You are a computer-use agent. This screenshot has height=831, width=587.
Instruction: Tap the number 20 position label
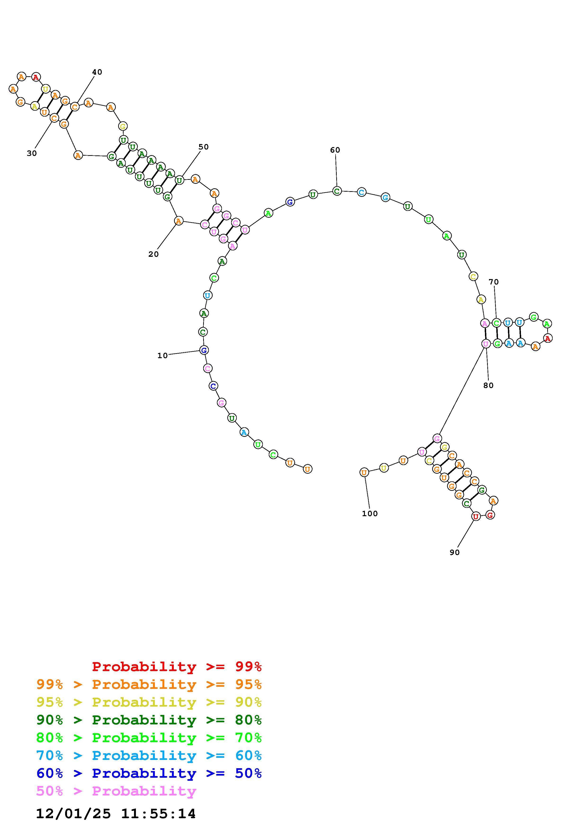(x=154, y=254)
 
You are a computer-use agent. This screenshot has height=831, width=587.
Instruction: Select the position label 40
(x=97, y=72)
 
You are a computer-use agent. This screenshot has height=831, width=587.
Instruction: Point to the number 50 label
(x=204, y=147)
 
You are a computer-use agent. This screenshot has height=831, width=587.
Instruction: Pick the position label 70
(x=494, y=282)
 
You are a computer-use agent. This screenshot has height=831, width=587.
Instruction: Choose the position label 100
(x=370, y=514)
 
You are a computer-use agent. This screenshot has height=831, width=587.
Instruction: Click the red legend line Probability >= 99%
(x=177, y=667)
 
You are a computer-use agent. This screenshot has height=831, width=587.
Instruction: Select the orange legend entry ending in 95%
(x=149, y=684)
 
